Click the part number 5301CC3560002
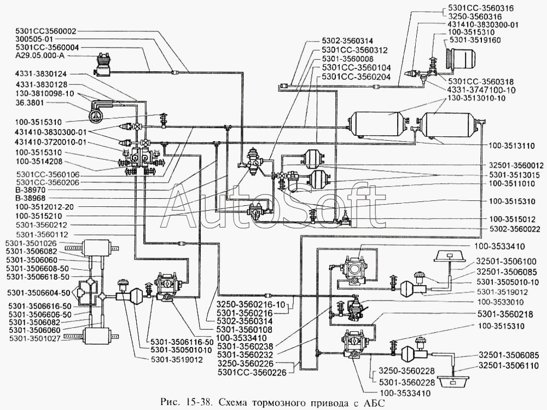tap(46, 32)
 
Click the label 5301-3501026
tap(30, 243)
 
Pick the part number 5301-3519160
tap(474, 40)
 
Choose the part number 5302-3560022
tap(510, 228)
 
